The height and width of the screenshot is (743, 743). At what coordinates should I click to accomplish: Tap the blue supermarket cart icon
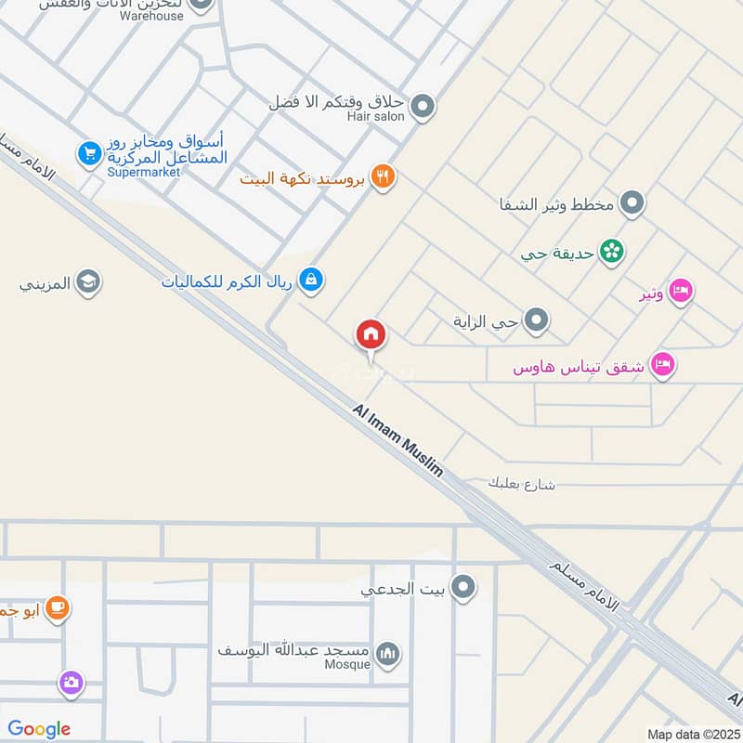click(89, 153)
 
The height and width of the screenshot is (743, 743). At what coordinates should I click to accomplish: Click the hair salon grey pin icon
click(423, 107)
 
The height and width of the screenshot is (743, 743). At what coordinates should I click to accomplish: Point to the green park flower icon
click(611, 251)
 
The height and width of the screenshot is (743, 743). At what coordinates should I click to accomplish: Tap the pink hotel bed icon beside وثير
click(681, 292)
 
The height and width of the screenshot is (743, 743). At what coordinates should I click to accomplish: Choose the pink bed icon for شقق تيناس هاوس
click(662, 365)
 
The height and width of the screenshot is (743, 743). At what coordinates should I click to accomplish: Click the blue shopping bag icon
click(311, 279)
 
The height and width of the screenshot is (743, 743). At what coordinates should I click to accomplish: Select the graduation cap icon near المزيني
click(88, 282)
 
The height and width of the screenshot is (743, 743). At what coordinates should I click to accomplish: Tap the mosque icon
click(390, 655)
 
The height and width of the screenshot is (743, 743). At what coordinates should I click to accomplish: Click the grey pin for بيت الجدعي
click(463, 587)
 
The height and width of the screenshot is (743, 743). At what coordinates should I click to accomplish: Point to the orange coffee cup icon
click(57, 608)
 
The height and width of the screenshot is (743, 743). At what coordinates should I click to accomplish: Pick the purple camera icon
click(71, 684)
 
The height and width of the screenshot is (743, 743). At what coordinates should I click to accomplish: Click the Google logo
click(39, 729)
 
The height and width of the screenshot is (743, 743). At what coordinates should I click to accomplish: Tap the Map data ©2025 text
click(691, 735)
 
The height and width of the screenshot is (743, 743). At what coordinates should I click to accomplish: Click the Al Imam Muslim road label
click(398, 441)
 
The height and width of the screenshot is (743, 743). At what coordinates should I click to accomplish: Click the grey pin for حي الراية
click(536, 322)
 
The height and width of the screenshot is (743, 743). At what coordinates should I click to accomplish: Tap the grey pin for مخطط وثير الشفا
click(632, 202)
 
